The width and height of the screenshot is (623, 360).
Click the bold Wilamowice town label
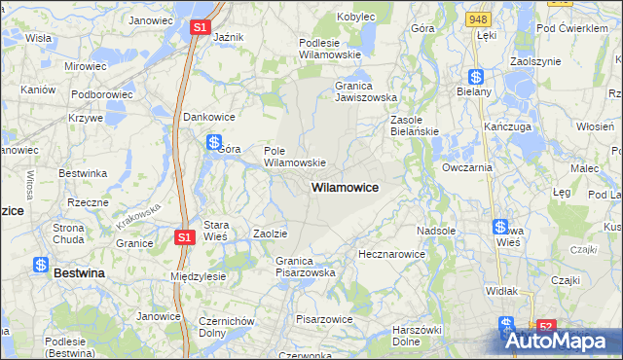345,186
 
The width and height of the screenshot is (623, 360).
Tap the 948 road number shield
477,18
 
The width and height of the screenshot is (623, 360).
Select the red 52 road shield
546,327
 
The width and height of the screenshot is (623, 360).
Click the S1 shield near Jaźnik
198,28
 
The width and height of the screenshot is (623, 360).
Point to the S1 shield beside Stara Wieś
185,236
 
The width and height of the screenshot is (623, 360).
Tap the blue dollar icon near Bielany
475,76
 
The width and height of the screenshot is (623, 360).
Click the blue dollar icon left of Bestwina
40,264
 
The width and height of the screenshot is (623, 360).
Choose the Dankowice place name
209,117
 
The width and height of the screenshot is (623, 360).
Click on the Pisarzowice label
322,318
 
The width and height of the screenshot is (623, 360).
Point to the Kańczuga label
504,127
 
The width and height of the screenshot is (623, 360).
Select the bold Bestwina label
80,273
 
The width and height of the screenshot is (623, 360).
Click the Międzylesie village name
198,275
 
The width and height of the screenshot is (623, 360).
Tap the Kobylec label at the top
355,17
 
